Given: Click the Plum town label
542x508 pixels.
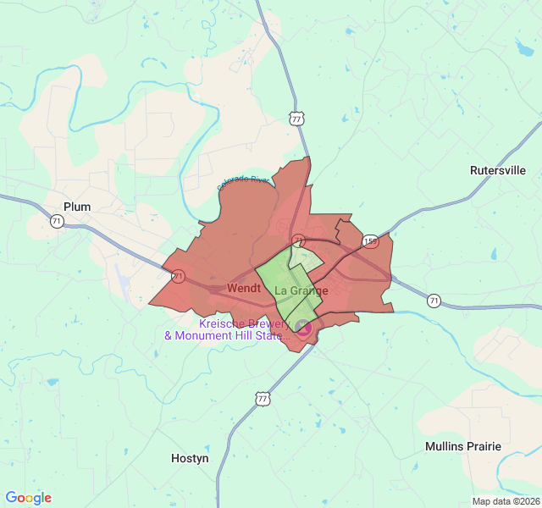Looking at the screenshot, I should [x=76, y=207].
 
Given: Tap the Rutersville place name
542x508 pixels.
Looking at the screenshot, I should [x=497, y=170].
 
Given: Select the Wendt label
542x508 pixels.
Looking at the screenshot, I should [x=244, y=289].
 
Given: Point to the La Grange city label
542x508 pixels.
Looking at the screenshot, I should [x=301, y=291].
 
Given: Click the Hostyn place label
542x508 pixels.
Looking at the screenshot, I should [x=190, y=458].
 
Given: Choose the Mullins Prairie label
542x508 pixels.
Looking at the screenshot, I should [x=462, y=446].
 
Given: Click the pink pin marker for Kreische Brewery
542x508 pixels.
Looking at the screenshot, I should [x=302, y=326].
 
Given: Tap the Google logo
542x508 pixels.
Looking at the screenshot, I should [x=28, y=498].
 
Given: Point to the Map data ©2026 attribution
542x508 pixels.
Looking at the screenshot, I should [x=506, y=501].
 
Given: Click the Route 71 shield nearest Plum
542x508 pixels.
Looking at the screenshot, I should [x=57, y=221].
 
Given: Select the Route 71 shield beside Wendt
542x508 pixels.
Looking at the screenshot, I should [x=178, y=276].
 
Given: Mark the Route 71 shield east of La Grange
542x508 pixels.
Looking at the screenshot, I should [x=434, y=301].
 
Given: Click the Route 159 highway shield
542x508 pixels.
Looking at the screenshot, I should [x=370, y=241].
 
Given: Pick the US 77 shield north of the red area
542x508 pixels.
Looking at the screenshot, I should [x=296, y=119].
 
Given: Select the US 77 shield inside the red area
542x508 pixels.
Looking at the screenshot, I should [x=297, y=240].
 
